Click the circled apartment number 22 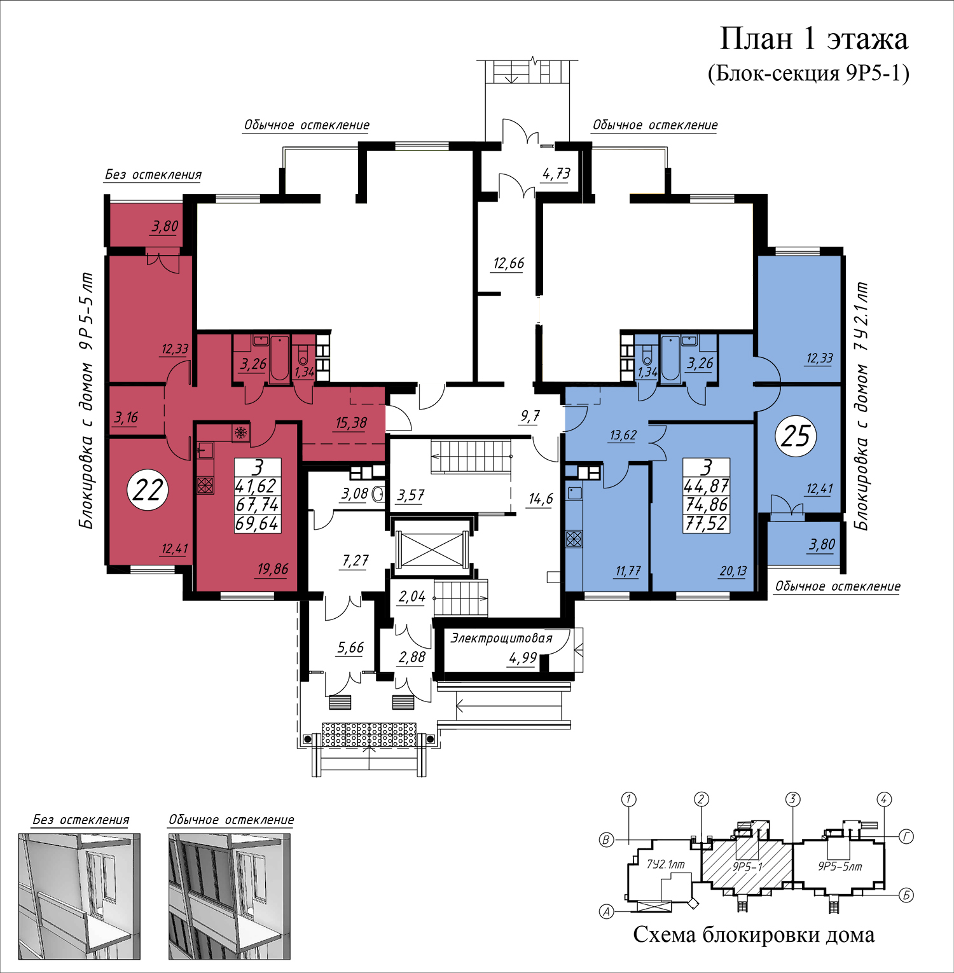click(x=148, y=490)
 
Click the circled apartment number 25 click(x=796, y=436)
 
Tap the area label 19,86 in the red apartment click(x=273, y=569)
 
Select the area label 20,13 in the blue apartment click(x=733, y=571)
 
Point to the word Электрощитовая click(x=501, y=638)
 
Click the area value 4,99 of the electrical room click(x=523, y=658)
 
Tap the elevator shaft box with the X click(x=432, y=548)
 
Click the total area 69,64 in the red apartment click(x=257, y=523)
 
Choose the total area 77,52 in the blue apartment click(x=706, y=523)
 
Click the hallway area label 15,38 click(x=351, y=423)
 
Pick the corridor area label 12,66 click(x=509, y=263)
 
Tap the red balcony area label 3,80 click(x=165, y=226)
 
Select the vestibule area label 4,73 click(x=556, y=174)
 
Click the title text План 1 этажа click(x=813, y=39)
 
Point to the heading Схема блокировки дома click(x=754, y=935)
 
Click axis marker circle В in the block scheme click(x=606, y=840)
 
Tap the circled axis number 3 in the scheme click(x=792, y=799)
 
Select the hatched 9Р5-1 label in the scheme click(x=747, y=866)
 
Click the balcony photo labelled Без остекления click(x=79, y=896)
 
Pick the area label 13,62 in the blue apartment click(x=623, y=436)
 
